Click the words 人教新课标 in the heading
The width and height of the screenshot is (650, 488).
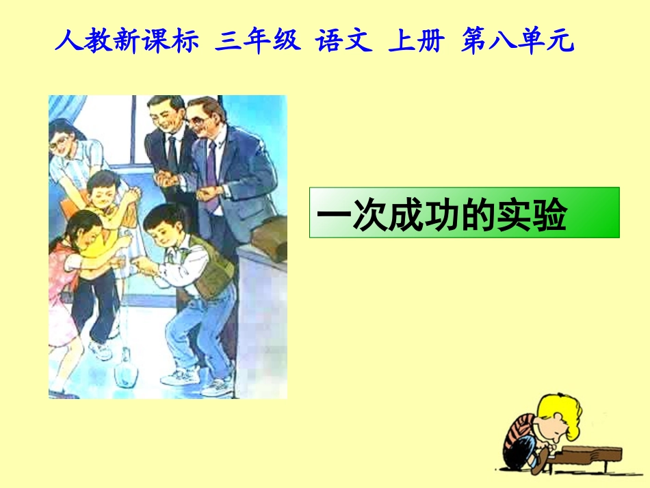tap(127, 42)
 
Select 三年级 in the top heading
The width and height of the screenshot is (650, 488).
tap(257, 42)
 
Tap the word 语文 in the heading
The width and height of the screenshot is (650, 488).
tap(344, 42)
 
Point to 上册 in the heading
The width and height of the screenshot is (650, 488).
tap(416, 42)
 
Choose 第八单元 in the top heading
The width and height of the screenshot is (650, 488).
tap(517, 42)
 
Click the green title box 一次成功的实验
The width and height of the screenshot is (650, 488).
tap(464, 212)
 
